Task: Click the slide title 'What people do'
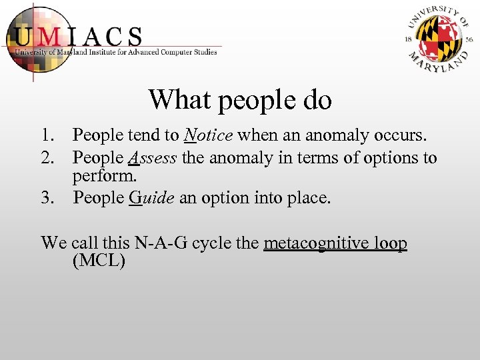pos(240,100)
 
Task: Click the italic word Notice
pos(208,136)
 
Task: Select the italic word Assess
pos(153,158)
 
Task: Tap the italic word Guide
pos(151,198)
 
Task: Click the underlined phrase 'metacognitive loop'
pos(335,243)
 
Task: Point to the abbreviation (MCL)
pos(98,260)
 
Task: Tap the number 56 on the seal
pos(470,40)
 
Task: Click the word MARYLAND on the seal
pos(440,63)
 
